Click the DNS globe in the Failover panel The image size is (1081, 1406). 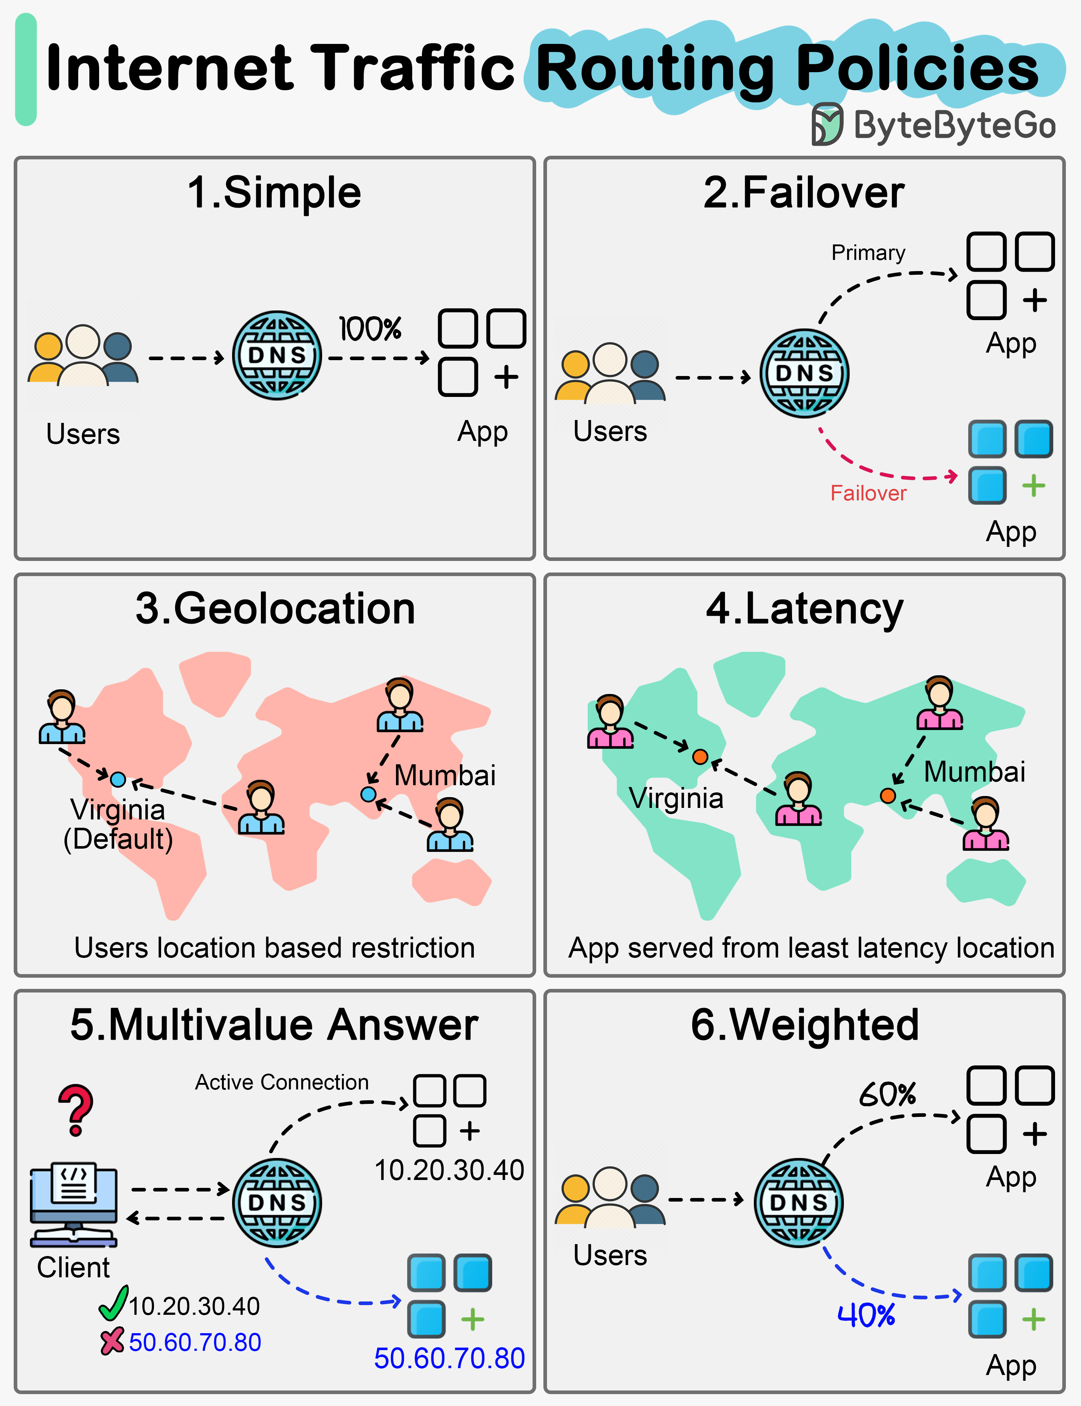[804, 373]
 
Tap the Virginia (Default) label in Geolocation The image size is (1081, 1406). [118, 825]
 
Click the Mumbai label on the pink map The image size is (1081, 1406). [445, 775]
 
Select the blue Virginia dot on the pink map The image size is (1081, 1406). [118, 779]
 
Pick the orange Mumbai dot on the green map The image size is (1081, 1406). [888, 796]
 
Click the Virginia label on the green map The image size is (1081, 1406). [676, 798]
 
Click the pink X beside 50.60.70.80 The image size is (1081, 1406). [112, 1341]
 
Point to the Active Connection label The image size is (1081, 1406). [282, 1082]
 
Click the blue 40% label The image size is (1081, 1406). [866, 1315]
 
